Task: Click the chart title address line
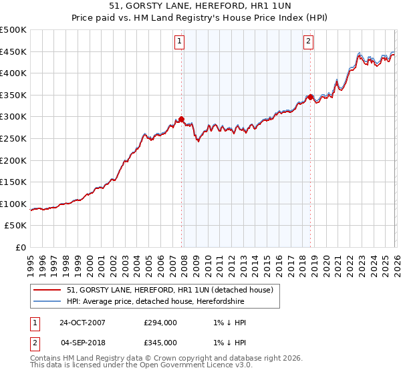click(200, 6)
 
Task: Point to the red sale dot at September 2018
click(310, 97)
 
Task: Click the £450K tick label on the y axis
click(13, 51)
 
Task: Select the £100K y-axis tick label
click(13, 204)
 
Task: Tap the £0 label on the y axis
click(20, 247)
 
